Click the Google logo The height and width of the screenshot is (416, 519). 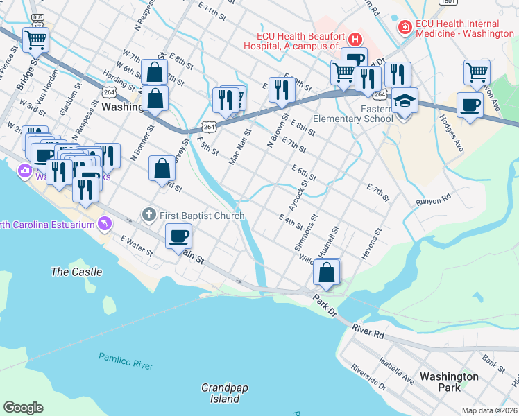pos(23,408)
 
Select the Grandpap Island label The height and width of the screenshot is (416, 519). pos(220,393)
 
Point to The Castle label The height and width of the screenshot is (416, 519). pos(76,272)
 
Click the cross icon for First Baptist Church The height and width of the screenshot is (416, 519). pos(148,216)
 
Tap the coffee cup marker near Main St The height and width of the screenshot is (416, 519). pos(179,236)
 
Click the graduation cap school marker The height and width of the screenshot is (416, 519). pos(405,101)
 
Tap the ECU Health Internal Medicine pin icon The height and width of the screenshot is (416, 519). pos(403,27)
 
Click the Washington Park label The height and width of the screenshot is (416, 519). pos(449,382)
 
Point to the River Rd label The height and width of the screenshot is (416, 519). pos(368,330)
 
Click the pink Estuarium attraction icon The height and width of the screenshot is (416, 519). pos(104,223)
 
